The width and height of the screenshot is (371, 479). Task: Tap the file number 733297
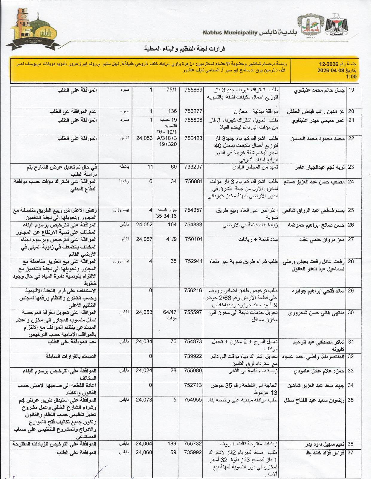click(x=193, y=167)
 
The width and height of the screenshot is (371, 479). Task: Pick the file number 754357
click(x=193, y=210)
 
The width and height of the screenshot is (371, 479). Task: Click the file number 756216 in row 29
click(x=193, y=291)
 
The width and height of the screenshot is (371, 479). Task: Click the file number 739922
click(x=193, y=356)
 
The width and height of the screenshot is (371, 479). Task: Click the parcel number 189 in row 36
click(x=172, y=444)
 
